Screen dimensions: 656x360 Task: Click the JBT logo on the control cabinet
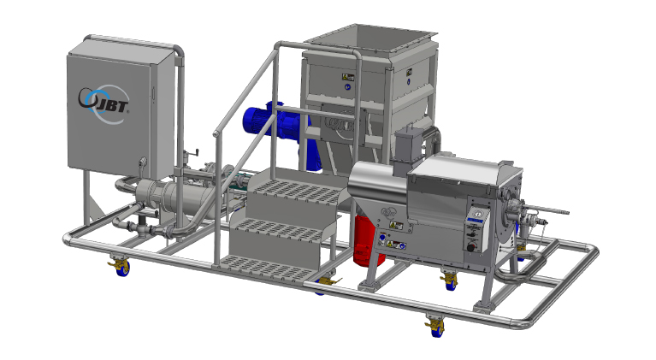103,103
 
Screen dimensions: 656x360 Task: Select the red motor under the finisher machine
367,242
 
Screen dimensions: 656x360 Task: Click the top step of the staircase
299,192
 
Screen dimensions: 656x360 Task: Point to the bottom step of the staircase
268,269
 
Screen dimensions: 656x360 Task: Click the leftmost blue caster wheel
122,268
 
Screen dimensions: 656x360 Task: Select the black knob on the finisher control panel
471,247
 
